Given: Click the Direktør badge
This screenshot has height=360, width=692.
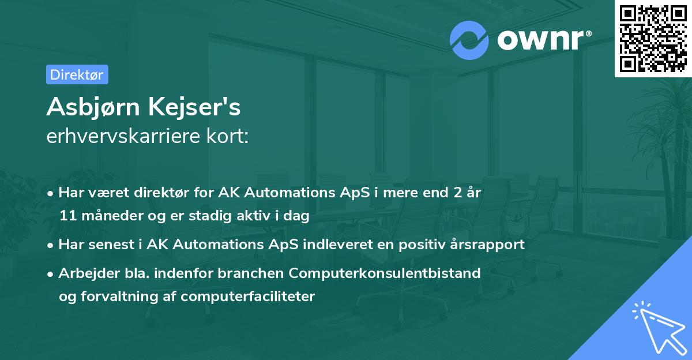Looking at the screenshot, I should coord(77,74).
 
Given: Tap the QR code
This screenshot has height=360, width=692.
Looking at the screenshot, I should coord(653,39).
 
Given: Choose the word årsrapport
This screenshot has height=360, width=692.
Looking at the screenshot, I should coord(489,245).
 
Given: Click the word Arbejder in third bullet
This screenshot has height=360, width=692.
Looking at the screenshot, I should coord(83,273).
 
